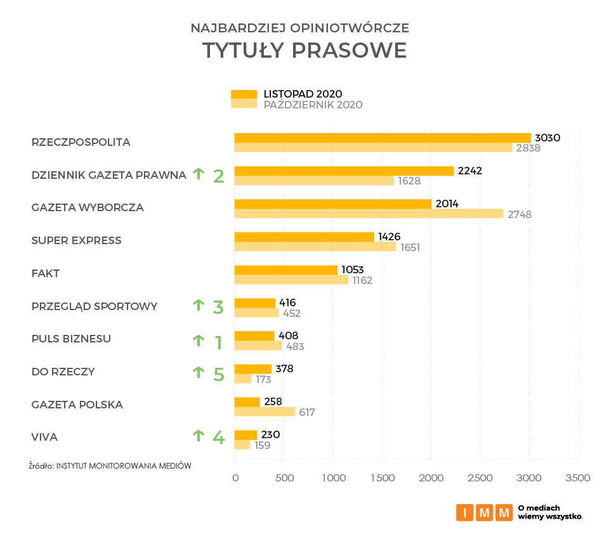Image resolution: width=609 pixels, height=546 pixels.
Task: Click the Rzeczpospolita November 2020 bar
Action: coord(383,138)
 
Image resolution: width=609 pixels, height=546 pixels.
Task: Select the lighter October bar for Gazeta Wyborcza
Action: coord(369,214)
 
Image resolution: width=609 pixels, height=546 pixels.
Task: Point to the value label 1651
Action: coord(410,247)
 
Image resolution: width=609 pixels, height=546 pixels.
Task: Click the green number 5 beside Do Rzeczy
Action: coord(219,374)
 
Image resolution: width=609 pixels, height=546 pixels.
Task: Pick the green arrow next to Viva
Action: coord(199,436)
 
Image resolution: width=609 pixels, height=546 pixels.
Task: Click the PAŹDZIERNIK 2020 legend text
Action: coord(313,105)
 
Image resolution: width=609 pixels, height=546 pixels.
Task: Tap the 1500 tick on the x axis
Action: coord(382,478)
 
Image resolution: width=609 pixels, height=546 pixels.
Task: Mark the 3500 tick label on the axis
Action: coord(578,478)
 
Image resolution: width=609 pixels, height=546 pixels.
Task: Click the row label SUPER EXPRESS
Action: coord(76,240)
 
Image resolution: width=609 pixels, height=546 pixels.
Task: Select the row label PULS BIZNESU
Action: coord(71,339)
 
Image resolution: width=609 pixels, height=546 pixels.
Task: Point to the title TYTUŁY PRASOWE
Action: coord(304,50)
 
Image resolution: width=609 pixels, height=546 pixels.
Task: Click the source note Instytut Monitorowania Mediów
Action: coord(110,465)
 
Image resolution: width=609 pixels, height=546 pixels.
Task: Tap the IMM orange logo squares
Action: coord(484,512)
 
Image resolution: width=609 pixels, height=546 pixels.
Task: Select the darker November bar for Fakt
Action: coord(286,270)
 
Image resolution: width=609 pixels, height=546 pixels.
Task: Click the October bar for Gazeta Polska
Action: coord(265,412)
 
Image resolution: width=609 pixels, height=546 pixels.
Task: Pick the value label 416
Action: coord(287,302)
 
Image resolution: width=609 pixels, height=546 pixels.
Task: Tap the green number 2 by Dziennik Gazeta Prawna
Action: coord(219,176)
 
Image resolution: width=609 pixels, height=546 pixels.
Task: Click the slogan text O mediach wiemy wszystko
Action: coord(550,512)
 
